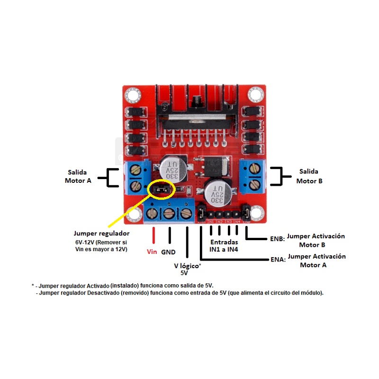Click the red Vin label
(152, 252)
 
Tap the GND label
(168, 252)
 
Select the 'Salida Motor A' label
(78, 176)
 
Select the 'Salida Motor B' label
(309, 176)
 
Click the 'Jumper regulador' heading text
(101, 234)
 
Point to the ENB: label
(278, 239)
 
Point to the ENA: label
(278, 260)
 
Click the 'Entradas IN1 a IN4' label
(224, 245)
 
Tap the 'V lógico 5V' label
(187, 269)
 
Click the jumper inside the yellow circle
(160, 189)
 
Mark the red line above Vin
(153, 235)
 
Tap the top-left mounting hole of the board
(133, 95)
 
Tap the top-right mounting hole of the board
(255, 94)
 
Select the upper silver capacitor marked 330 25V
(173, 169)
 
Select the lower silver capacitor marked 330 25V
(218, 193)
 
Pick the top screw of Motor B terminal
(254, 169)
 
